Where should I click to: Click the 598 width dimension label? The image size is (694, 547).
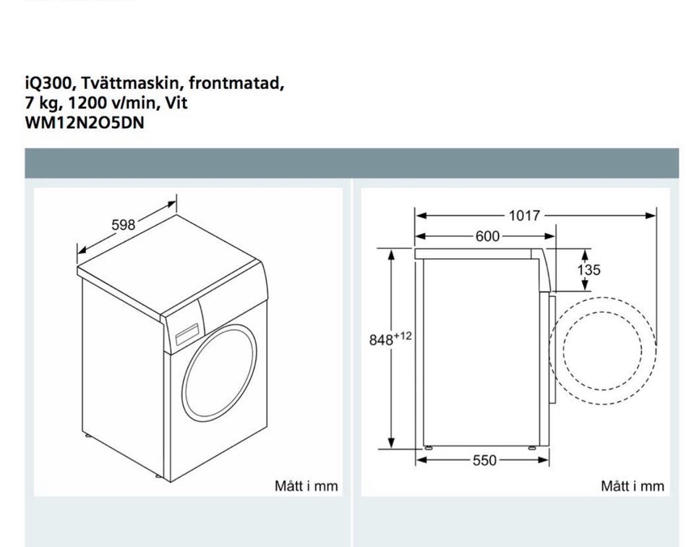[123, 225]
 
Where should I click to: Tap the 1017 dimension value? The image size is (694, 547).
[525, 216]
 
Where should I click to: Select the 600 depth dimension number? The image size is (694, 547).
[487, 236]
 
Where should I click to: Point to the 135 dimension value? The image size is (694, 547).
[588, 270]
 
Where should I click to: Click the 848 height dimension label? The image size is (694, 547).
[381, 340]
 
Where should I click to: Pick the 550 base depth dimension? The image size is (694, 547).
[484, 461]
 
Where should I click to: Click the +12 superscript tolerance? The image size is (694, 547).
[403, 336]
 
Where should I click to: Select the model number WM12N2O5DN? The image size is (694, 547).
[85, 123]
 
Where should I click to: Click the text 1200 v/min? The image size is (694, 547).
[113, 103]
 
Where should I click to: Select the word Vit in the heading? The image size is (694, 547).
[176, 103]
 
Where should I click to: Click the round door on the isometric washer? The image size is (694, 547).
[219, 373]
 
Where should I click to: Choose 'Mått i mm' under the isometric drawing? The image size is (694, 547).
[307, 486]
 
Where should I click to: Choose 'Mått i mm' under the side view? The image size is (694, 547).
[633, 486]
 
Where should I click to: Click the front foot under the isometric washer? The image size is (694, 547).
[158, 476]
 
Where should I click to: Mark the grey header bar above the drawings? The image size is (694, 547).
[351, 163]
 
